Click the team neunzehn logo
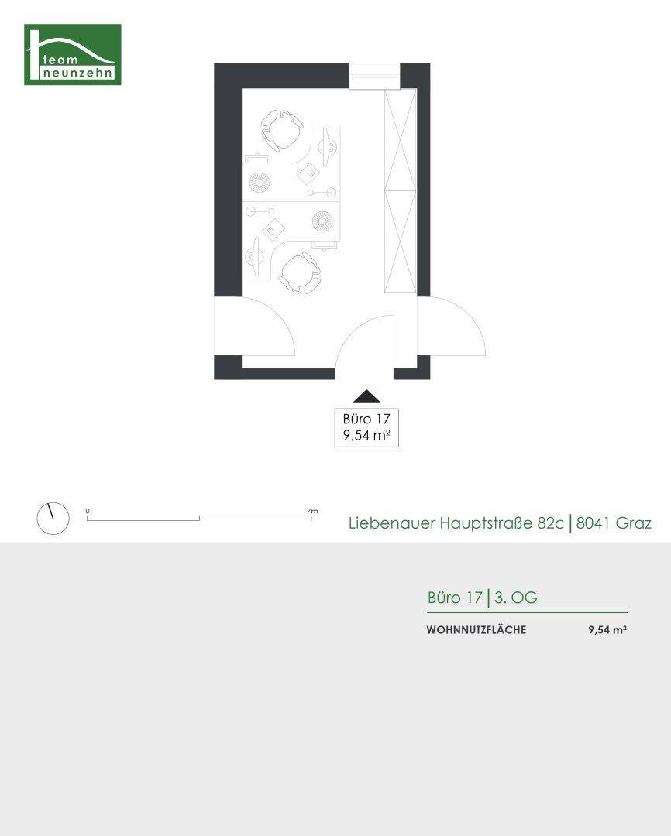pos(72,54)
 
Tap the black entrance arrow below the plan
pos(366,396)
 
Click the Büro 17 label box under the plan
pos(366,427)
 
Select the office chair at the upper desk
pos(282,129)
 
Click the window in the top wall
pos(375,77)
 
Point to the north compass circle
pos(53,518)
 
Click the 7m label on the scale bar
pos(312,511)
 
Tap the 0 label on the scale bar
pos(88,511)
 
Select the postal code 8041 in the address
pos(594,523)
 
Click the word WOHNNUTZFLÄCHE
pos(476,630)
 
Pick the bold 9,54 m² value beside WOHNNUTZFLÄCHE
pos(607,630)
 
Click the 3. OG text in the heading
pos(515,598)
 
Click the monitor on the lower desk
pos(253,257)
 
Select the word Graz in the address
pos(634,523)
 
